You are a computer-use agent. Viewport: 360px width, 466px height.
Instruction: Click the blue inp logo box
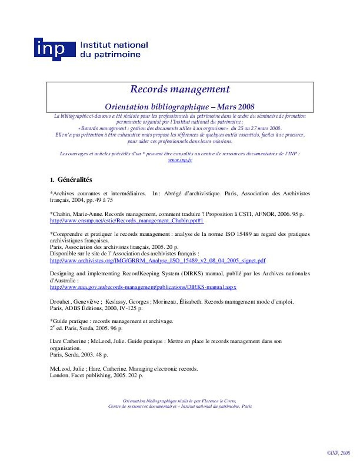54,49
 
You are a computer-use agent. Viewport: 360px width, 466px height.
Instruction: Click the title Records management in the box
180,89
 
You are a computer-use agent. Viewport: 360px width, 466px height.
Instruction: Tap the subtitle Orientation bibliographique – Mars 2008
180,106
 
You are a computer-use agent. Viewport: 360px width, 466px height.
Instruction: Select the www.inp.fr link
180,160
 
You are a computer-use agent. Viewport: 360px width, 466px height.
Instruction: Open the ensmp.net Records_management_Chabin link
127,221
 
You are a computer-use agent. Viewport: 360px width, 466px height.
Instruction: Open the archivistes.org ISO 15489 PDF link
158,260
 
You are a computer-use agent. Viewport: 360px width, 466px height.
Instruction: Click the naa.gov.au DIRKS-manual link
143,287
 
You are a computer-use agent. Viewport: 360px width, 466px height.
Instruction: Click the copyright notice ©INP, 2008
338,453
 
